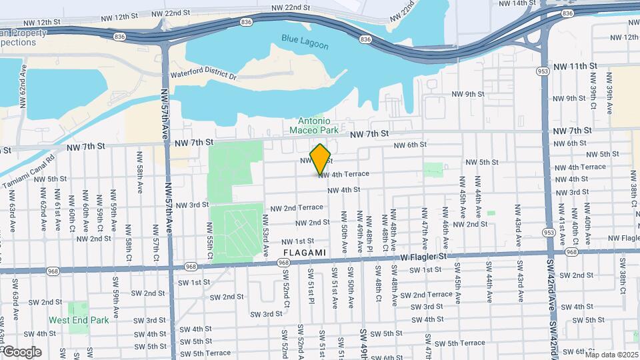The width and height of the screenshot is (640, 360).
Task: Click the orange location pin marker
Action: pos(321,159)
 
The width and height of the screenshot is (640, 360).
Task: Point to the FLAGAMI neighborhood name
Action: pos(305,253)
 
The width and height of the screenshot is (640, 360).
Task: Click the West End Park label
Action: pos(88,320)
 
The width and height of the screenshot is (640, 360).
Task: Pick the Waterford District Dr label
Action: pos(203,75)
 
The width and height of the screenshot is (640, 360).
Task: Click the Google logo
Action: pos(21,351)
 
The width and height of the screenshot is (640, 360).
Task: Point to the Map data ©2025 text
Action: pos(611,355)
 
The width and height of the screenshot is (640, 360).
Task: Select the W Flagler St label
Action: pos(423,257)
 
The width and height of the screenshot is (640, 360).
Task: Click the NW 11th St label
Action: pos(574,66)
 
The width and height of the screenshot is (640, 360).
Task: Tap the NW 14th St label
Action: pos(517,3)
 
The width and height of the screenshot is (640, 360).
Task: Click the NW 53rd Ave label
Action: pos(265,230)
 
